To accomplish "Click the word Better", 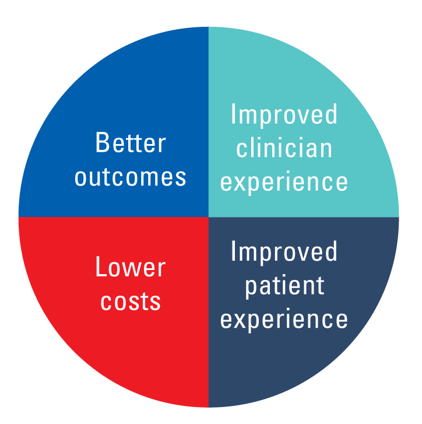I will point(131,143).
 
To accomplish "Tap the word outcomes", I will point(131,177).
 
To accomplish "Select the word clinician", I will point(284,148).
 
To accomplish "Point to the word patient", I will point(284,286).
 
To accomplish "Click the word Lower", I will point(131,268).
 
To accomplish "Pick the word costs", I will point(131,302).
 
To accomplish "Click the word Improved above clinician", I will point(284,115).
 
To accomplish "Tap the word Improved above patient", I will point(284,253).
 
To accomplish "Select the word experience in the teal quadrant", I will point(284,183).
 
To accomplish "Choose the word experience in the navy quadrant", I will point(284,320).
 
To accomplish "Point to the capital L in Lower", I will point(100,268).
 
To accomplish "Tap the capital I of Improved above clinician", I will point(233,114).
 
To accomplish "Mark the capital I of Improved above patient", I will point(233,252).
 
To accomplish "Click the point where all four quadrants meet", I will point(209,217).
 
